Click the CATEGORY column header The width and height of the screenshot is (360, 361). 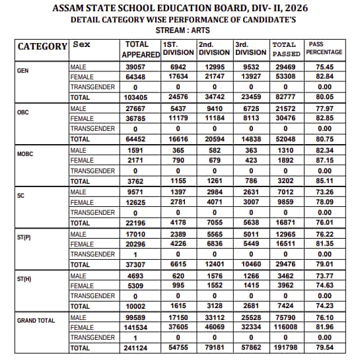pos(42,47)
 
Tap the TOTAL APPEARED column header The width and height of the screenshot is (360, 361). pos(141,49)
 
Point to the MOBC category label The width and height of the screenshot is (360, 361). pos(25,153)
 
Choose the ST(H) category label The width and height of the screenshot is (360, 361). pos(24,278)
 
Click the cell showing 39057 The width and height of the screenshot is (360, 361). pos(137,67)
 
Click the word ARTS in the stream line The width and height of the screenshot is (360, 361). pos(202,30)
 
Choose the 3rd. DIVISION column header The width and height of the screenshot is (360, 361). pos(250,49)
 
